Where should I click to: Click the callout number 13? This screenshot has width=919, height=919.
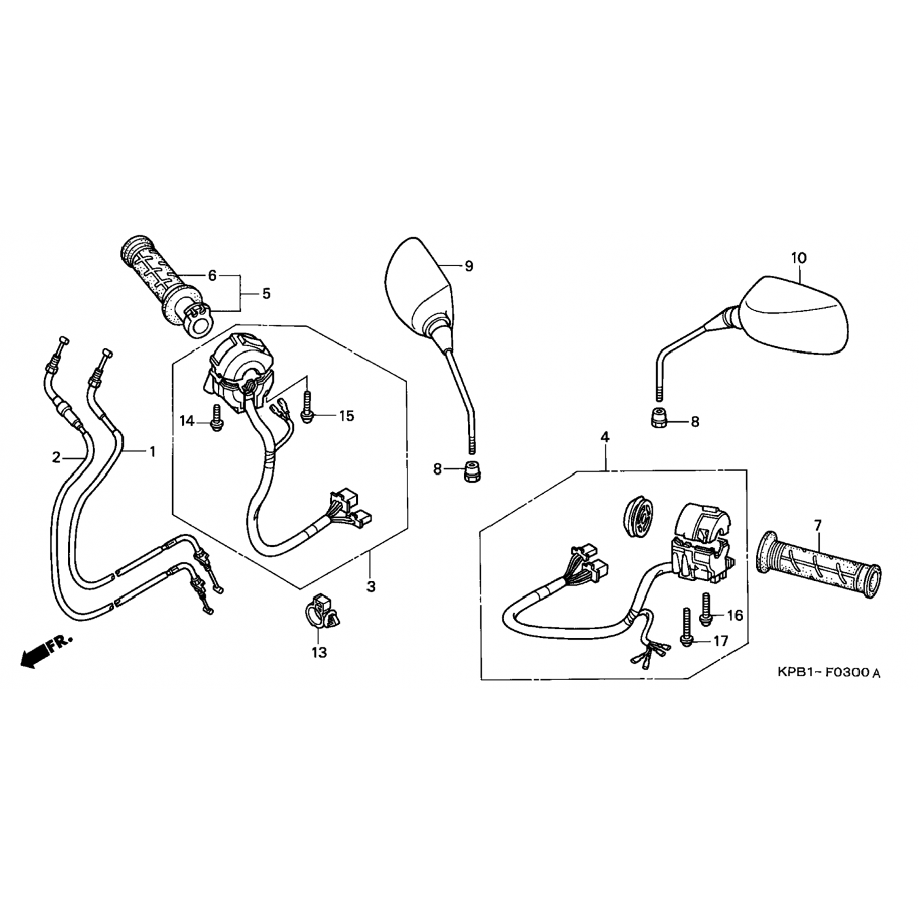point(319,652)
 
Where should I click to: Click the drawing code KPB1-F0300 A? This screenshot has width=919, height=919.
point(828,673)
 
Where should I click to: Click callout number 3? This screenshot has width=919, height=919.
point(371,586)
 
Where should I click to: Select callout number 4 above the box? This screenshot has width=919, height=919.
point(605,437)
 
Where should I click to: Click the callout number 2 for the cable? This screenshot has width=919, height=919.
point(56,456)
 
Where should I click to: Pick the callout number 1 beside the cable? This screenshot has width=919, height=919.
point(152,452)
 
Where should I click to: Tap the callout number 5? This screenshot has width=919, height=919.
point(266,293)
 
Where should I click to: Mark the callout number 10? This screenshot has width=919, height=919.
point(799,258)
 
